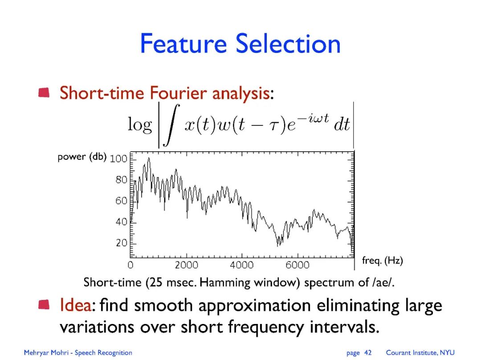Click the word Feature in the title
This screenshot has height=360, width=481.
(183, 44)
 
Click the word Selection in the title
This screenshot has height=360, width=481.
(288, 44)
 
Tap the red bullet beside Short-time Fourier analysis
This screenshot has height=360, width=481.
(44, 93)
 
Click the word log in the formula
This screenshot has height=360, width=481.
(140, 125)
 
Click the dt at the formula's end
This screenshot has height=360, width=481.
(342, 125)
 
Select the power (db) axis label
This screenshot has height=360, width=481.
(82, 157)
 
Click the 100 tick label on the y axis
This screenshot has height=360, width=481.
(118, 159)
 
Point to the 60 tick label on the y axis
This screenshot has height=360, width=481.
(121, 201)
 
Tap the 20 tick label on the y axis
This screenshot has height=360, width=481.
(121, 243)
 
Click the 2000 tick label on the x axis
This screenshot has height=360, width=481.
(187, 265)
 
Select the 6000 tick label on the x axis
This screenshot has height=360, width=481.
(297, 265)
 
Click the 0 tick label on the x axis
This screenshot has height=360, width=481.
(130, 265)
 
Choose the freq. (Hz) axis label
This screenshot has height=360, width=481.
(382, 260)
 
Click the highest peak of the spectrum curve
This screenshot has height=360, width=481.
(149, 158)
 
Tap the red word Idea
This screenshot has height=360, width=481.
(75, 305)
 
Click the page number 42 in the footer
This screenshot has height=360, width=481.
(368, 352)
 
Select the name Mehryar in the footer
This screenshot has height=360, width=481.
(35, 353)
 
